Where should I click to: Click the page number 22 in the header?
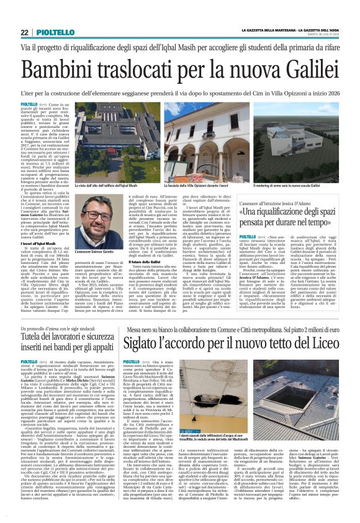[x=24, y=32]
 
